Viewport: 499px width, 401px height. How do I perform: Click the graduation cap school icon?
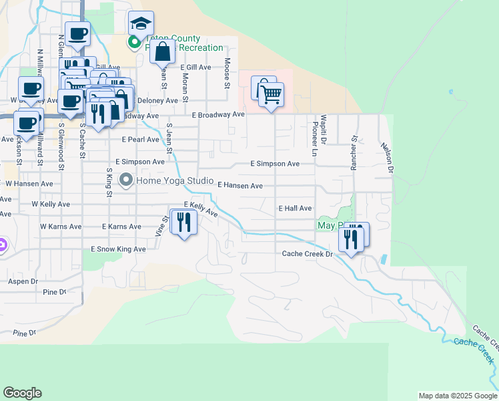(x=141, y=24)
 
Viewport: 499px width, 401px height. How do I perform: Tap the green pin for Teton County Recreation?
(x=134, y=43)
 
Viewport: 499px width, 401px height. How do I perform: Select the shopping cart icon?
(x=272, y=94)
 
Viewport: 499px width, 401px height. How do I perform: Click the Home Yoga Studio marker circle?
(x=125, y=180)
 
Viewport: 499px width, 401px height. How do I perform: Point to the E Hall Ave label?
(x=295, y=209)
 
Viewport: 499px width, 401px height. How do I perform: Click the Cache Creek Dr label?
(x=307, y=254)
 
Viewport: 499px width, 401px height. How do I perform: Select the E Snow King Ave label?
(x=118, y=249)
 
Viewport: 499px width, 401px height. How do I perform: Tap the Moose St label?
(x=227, y=73)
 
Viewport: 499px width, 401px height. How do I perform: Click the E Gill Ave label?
(x=195, y=68)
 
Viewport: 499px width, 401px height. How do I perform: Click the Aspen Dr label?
(x=23, y=282)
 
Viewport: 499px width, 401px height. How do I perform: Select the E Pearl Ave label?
(x=140, y=140)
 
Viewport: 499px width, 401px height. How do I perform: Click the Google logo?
(x=22, y=393)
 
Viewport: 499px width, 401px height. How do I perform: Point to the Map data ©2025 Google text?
(x=458, y=396)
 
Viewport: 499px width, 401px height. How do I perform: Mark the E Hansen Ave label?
(x=239, y=186)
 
